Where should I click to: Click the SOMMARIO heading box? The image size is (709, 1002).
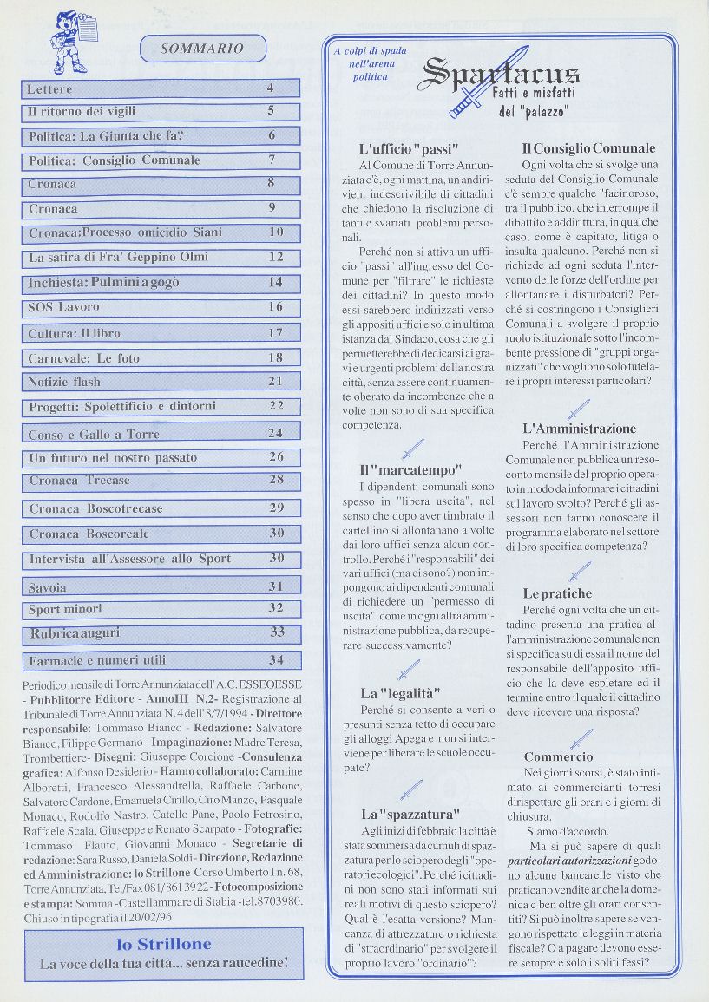202,49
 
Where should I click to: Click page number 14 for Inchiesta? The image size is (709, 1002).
276,282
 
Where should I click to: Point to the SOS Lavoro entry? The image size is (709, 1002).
64,307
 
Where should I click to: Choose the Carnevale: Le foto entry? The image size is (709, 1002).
83,357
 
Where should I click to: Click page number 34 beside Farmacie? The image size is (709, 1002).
276,660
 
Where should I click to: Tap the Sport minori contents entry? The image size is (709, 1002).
65,609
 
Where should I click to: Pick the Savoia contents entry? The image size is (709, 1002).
48,587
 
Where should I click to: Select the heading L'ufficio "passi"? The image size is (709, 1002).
408,148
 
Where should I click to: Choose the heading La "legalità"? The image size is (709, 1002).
401,693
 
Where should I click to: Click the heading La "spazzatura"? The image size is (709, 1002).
410,815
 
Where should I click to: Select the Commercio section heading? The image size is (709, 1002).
559,757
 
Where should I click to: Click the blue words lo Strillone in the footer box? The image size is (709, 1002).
164,944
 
